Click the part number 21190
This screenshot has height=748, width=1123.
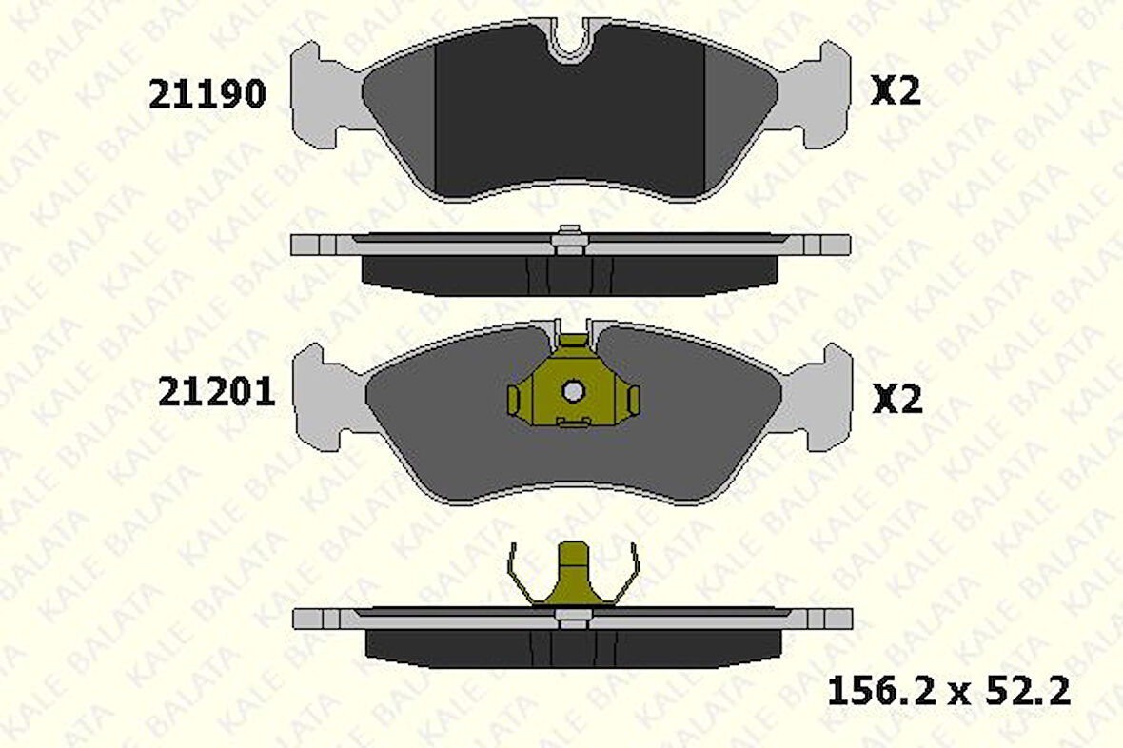[207, 93]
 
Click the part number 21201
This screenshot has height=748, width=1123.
[216, 391]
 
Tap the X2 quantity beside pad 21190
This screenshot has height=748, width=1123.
[896, 91]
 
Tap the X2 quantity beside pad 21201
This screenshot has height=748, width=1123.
[897, 400]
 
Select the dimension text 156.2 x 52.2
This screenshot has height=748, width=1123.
[948, 691]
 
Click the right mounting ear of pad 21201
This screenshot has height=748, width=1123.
[822, 398]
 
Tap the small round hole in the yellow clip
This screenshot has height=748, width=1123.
[573, 390]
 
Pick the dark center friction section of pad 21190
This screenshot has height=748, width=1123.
[569, 124]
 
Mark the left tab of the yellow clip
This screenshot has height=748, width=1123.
[514, 401]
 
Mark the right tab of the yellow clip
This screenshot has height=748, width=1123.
[632, 401]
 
